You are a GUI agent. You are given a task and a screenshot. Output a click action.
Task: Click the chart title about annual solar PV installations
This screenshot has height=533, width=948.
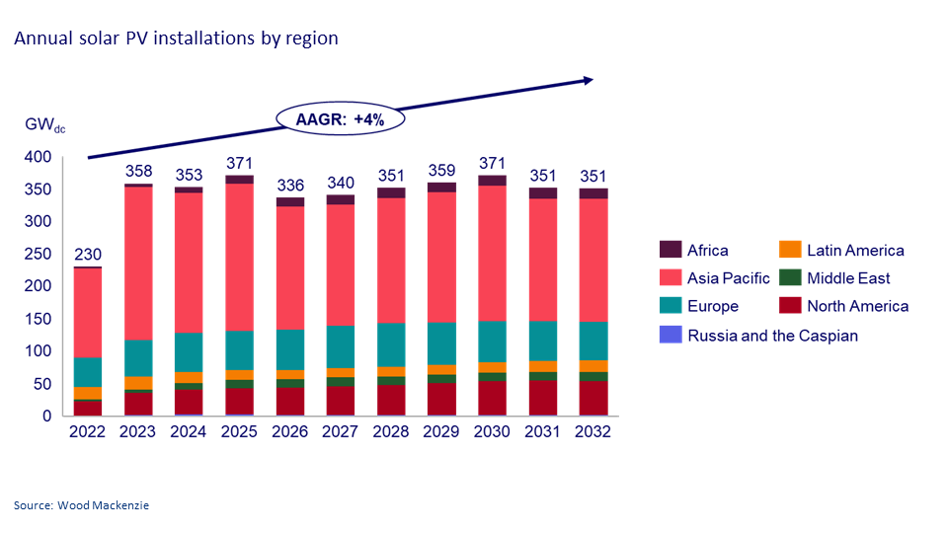tap(176, 38)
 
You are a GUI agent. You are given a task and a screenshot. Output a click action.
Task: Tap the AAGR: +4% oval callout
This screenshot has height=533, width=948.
tap(341, 119)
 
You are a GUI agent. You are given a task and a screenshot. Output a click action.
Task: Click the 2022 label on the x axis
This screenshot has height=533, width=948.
tap(88, 432)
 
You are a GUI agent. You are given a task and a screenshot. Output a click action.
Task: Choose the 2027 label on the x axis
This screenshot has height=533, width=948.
tap(340, 432)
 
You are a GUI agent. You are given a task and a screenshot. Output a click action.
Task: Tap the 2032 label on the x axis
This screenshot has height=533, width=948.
tap(592, 432)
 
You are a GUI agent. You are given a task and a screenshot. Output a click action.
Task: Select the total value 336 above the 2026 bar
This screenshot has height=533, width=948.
tap(289, 185)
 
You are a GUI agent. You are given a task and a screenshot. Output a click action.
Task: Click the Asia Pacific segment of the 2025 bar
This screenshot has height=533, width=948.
tap(239, 257)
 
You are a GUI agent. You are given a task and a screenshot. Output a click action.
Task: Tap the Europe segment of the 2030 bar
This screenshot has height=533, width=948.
tap(492, 342)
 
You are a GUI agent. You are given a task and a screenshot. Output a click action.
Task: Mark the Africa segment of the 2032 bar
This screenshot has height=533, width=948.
tap(592, 193)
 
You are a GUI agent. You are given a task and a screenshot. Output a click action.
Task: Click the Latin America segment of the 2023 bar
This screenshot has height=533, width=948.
tap(138, 383)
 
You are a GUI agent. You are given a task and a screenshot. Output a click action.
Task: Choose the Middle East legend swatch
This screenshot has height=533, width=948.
tap(790, 278)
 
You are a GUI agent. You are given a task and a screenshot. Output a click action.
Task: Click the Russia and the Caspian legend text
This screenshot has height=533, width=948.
tap(772, 336)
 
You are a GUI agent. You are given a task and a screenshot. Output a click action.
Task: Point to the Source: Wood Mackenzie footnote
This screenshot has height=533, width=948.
tap(81, 505)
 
